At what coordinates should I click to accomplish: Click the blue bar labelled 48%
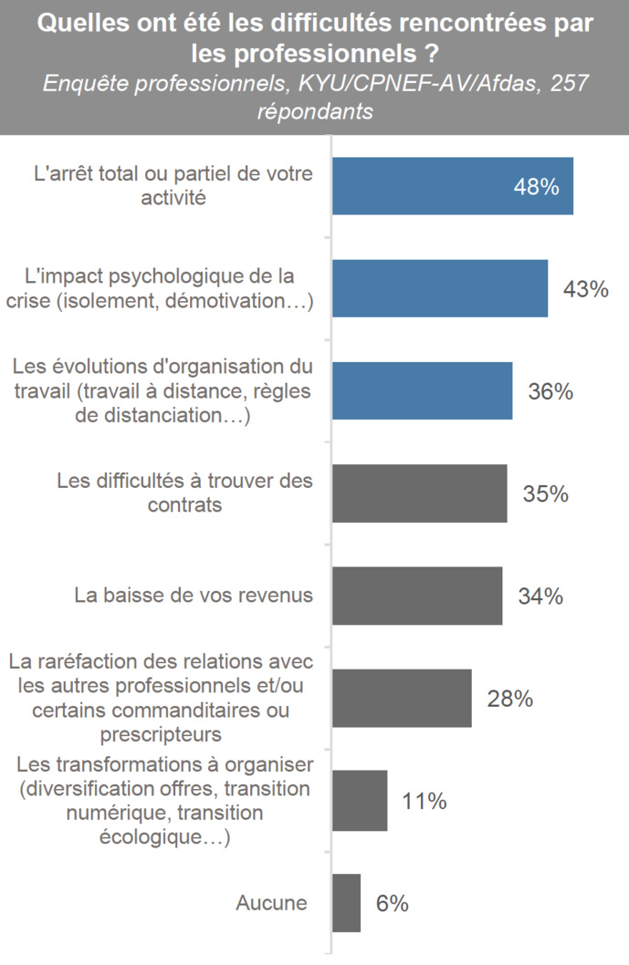tap(452, 186)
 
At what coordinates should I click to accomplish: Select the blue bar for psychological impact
tap(439, 288)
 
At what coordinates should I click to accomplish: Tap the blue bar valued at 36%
tap(422, 390)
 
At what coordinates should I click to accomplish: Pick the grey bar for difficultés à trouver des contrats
tap(419, 493)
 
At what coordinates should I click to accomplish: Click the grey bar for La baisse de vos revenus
tap(416, 596)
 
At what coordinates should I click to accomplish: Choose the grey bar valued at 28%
tap(402, 698)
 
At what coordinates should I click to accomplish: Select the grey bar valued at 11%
tap(360, 801)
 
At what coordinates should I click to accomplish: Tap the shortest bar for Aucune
tap(346, 903)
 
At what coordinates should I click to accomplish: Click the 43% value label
tap(585, 289)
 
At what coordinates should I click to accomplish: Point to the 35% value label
tap(545, 494)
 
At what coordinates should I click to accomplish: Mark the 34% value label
tap(540, 597)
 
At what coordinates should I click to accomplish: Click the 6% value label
tap(392, 904)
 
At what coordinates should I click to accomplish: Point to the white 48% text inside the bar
tap(535, 187)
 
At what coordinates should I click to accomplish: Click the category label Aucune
tap(271, 904)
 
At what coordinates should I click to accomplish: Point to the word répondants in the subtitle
tap(315, 112)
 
